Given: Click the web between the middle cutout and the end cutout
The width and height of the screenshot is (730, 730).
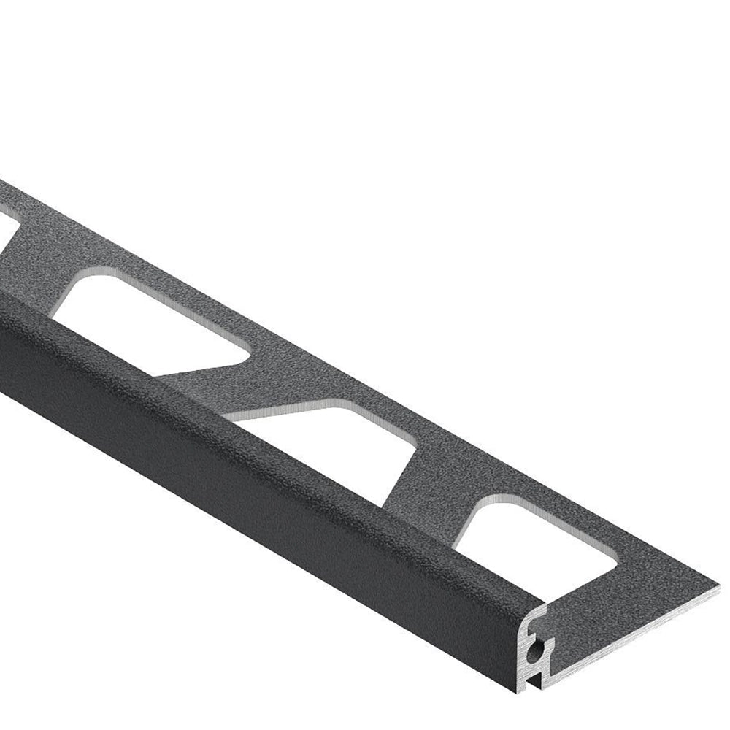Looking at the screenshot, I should click(431, 474).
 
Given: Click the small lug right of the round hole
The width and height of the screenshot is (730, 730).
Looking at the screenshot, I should click(552, 642).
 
